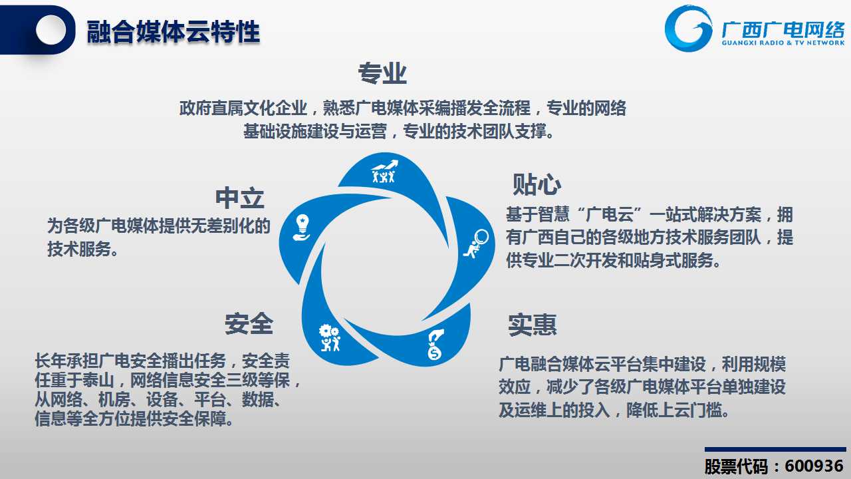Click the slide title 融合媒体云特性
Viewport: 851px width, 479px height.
pyautogui.click(x=174, y=32)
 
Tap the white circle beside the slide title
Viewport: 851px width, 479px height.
pyautogui.click(x=51, y=29)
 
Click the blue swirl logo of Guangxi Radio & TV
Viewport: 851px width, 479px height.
pyautogui.click(x=688, y=29)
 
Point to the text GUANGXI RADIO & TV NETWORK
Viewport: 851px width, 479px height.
pyautogui.click(x=783, y=43)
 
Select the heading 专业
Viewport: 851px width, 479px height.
pyautogui.click(x=382, y=73)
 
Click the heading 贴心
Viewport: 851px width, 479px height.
pyautogui.click(x=537, y=185)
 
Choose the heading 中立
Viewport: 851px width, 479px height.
pyautogui.click(x=240, y=198)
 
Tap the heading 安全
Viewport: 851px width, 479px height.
pyautogui.click(x=249, y=323)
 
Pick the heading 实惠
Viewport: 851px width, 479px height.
pyautogui.click(x=533, y=325)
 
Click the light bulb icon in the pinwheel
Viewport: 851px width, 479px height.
pyautogui.click(x=302, y=228)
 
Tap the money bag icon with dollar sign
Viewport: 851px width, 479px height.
pyautogui.click(x=435, y=345)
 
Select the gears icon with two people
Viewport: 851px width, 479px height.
pyautogui.click(x=329, y=337)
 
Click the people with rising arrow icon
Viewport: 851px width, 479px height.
pyautogui.click(x=384, y=171)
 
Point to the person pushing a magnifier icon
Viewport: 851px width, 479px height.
pyautogui.click(x=475, y=243)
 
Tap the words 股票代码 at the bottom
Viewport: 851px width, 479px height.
pyautogui.click(x=736, y=466)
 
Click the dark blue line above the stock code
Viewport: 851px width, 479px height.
pyautogui.click(x=775, y=449)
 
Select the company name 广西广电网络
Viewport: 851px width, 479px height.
pyautogui.click(x=783, y=30)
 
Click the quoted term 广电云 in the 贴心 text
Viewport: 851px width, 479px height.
pyautogui.click(x=610, y=215)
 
